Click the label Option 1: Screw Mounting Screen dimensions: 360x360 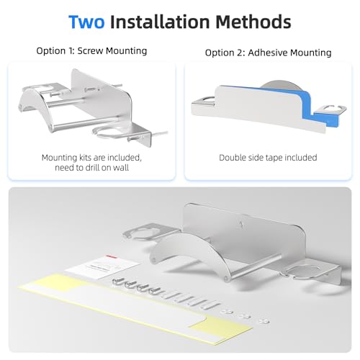[91, 52]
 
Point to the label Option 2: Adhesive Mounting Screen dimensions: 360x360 [267, 52]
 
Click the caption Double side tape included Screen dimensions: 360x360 [266, 157]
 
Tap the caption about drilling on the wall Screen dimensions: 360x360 [91, 162]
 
